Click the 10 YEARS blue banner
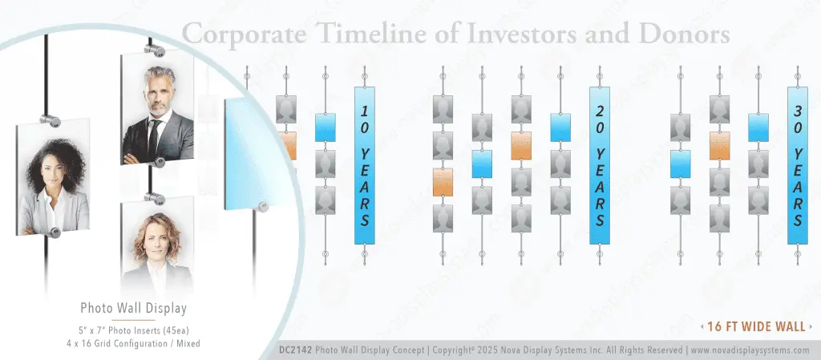365,165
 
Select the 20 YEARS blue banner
600,165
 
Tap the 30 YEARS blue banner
797,165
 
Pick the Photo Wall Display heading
133,308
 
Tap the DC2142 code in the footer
294,350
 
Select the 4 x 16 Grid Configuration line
133,342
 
